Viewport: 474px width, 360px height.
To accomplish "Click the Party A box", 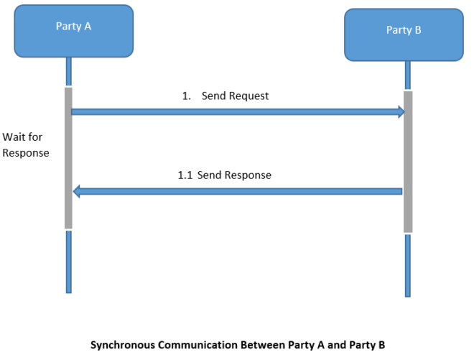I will click(74, 30).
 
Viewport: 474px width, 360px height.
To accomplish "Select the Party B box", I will click(404, 34).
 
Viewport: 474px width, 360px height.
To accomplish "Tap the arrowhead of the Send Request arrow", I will click(401, 111).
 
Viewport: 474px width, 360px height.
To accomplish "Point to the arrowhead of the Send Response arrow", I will click(77, 191).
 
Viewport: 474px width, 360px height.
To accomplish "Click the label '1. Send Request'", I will click(225, 96).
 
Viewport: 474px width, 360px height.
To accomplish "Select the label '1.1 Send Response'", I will click(224, 175).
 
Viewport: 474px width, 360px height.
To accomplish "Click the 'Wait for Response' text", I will click(26, 144).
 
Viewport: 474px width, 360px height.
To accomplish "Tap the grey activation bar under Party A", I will click(69, 158).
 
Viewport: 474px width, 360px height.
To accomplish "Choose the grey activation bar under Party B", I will click(408, 162).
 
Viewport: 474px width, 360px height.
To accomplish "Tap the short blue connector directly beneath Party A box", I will click(69, 71).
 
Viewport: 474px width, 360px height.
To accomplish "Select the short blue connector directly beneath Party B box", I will click(408, 75).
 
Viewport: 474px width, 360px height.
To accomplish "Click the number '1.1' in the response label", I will click(185, 175).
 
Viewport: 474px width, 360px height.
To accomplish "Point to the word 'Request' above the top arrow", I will click(248, 96).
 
